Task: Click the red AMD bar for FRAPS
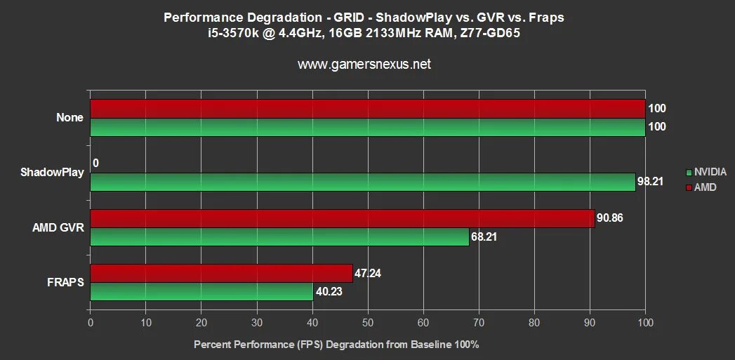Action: (x=221, y=273)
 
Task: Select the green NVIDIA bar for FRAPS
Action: (x=201, y=291)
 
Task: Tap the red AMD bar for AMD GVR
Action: (x=342, y=218)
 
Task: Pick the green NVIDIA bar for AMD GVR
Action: (x=279, y=236)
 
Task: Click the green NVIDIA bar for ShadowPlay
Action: (x=362, y=182)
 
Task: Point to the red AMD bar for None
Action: (x=367, y=109)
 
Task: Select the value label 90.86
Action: (x=610, y=218)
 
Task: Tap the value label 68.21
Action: (x=484, y=237)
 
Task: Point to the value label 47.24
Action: (x=368, y=273)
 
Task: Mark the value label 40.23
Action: (x=329, y=292)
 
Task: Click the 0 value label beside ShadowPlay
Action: (x=95, y=164)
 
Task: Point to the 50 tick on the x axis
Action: (x=368, y=323)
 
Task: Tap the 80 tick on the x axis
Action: (x=534, y=323)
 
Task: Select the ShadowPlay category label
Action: (x=58, y=173)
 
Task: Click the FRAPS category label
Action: (x=66, y=282)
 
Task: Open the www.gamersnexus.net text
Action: (x=364, y=65)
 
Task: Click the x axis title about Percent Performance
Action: (x=336, y=345)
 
